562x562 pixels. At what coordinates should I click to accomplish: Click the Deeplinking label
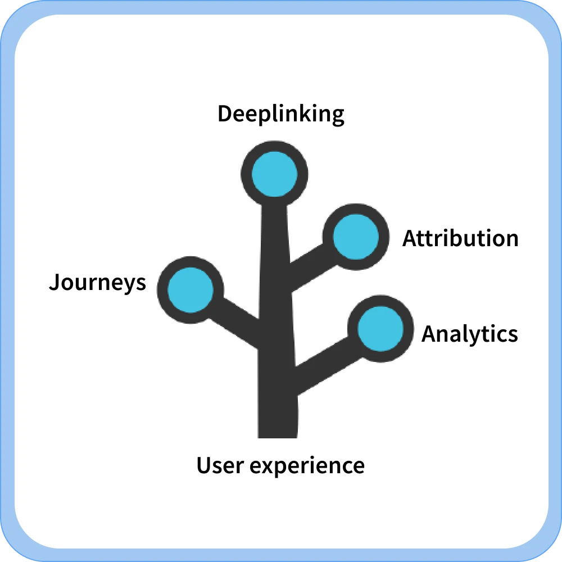[280, 114]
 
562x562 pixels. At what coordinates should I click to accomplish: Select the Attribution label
[460, 238]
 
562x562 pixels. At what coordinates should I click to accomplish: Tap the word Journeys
[97, 283]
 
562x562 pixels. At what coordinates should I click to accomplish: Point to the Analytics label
[469, 334]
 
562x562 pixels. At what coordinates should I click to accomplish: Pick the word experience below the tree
[307, 466]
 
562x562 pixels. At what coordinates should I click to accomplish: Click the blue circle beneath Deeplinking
[274, 174]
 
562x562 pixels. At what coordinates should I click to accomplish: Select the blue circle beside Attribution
[356, 237]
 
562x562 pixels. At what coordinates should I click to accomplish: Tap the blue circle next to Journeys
[191, 290]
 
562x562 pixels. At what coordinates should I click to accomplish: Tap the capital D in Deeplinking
[224, 114]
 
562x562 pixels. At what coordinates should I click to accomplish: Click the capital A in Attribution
[410, 238]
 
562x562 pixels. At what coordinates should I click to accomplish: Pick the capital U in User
[203, 465]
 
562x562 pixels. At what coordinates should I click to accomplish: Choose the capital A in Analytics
[429, 334]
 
